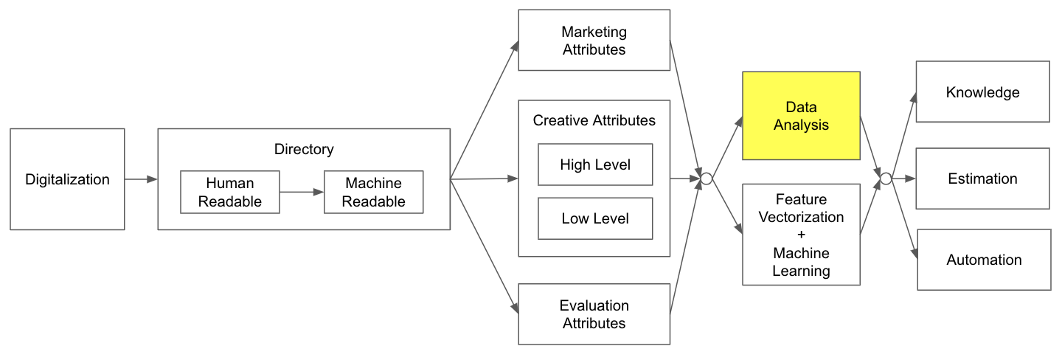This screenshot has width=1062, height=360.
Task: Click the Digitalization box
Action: coord(67,179)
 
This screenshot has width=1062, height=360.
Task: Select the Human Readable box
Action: coord(230,193)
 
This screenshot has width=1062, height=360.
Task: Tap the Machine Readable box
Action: coord(374,193)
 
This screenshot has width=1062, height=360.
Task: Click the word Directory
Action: coord(304,150)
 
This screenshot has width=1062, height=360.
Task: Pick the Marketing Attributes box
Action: coord(594,41)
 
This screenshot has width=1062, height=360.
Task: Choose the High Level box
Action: coord(595,165)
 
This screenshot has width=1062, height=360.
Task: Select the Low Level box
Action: coord(595,218)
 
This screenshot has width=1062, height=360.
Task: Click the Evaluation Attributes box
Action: coord(594,314)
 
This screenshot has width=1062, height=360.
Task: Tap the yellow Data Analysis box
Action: coord(801,117)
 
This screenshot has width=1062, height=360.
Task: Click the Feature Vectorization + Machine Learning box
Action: coord(801,235)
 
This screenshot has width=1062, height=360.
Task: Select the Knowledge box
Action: coord(982,92)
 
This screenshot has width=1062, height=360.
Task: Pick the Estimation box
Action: coord(982,179)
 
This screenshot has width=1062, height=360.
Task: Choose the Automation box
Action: coord(984,260)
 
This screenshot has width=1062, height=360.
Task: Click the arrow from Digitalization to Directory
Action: coord(141,179)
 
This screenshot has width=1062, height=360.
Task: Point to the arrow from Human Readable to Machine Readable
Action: coord(302,193)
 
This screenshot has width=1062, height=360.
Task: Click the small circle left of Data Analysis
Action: coord(706,179)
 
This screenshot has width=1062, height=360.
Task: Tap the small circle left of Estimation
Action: coord(886,179)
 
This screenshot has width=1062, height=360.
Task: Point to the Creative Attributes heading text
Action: coord(594,120)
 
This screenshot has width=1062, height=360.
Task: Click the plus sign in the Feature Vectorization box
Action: coord(801,235)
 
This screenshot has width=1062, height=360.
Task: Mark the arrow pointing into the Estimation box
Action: coord(903,179)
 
